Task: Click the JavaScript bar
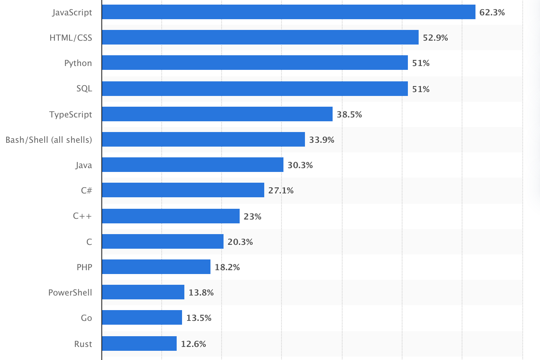(x=288, y=12)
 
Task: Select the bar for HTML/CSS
(x=260, y=37)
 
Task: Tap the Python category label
(x=78, y=63)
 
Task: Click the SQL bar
(x=255, y=89)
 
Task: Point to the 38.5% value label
(x=349, y=114)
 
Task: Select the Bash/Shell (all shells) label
(x=49, y=140)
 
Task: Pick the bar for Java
(x=192, y=165)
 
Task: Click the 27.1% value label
(x=281, y=190)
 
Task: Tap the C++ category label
(x=82, y=216)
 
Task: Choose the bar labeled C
(x=162, y=241)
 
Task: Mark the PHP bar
(x=156, y=267)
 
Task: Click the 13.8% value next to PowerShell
(x=201, y=292)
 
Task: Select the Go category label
(x=86, y=318)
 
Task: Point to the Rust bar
(x=139, y=343)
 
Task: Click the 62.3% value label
(x=492, y=12)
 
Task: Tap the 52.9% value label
(x=435, y=38)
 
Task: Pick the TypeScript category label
(x=71, y=114)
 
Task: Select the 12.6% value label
(x=193, y=344)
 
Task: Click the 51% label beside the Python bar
(x=421, y=63)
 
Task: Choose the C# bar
(x=183, y=190)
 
